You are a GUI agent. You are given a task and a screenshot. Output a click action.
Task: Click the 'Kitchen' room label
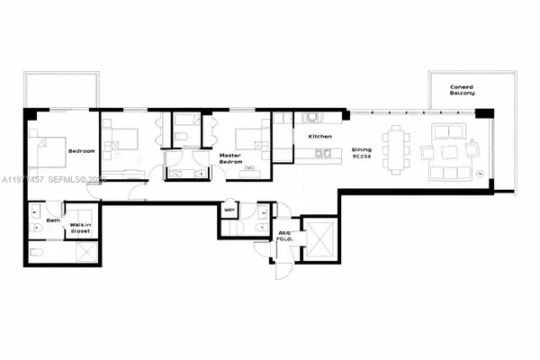point(321,136)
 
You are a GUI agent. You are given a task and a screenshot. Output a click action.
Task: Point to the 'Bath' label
point(53,220)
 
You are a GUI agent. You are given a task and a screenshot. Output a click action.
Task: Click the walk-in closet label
point(82,228)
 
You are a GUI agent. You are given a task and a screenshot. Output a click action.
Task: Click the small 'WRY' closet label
point(229,211)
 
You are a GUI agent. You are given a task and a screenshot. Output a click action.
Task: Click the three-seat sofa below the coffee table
point(447,171)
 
